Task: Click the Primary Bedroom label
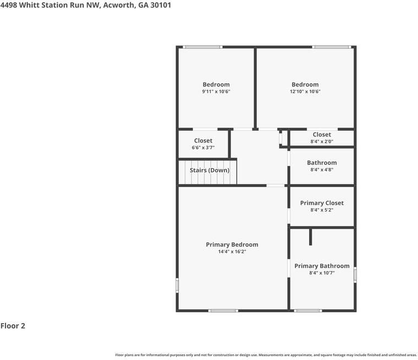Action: click(x=232, y=245)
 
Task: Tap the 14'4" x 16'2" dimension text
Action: click(x=232, y=252)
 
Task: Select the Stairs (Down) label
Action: click(x=210, y=170)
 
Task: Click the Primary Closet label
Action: click(x=322, y=203)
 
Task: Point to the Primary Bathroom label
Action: click(x=322, y=266)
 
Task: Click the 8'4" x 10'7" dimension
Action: click(x=322, y=273)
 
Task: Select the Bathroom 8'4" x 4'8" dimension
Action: click(x=322, y=170)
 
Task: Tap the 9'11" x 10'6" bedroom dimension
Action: click(x=216, y=92)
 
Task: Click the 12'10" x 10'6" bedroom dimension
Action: click(x=305, y=92)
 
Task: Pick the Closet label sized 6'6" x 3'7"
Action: click(x=203, y=141)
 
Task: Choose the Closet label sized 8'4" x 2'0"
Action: click(x=322, y=135)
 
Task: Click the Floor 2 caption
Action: click(x=13, y=326)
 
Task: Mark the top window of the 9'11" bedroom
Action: click(x=203, y=47)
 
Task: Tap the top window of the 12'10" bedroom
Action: click(x=332, y=47)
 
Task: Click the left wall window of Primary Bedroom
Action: click(x=177, y=285)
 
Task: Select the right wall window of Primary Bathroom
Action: click(x=355, y=274)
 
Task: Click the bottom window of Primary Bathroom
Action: click(x=308, y=311)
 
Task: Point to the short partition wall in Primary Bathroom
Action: click(x=311, y=237)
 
